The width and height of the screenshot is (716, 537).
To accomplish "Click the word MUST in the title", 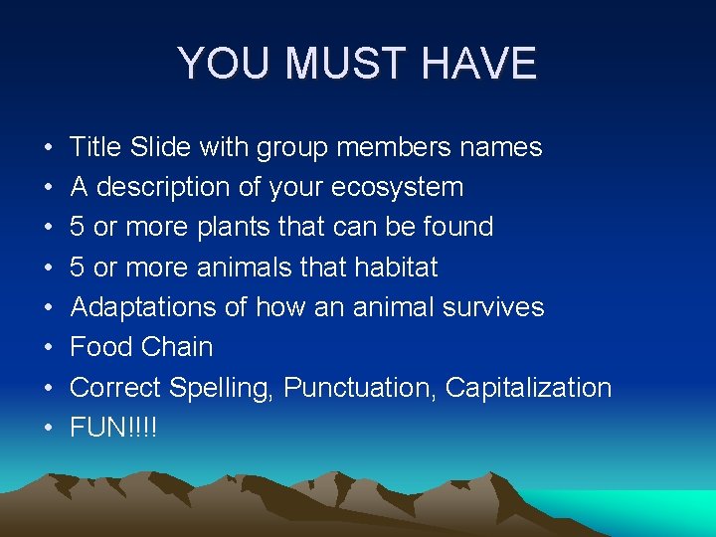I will pyautogui.click(x=340, y=65).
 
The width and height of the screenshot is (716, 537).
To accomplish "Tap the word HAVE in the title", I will pyautogui.click(x=479, y=65).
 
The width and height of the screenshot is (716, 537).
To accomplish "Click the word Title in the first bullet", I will pyautogui.click(x=95, y=147).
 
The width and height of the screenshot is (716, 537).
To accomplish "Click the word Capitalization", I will pyautogui.click(x=528, y=387).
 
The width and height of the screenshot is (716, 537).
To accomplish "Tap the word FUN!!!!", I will pyautogui.click(x=113, y=428).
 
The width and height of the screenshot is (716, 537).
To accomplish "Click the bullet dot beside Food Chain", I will pyautogui.click(x=49, y=348).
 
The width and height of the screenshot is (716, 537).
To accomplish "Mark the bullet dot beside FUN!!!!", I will pyautogui.click(x=49, y=429).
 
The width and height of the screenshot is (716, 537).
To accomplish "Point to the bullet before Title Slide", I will pyautogui.click(x=49, y=148).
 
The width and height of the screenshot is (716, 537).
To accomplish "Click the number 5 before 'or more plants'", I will pyautogui.click(x=77, y=227).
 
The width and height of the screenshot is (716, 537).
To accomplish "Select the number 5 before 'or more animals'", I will pyautogui.click(x=77, y=267).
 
